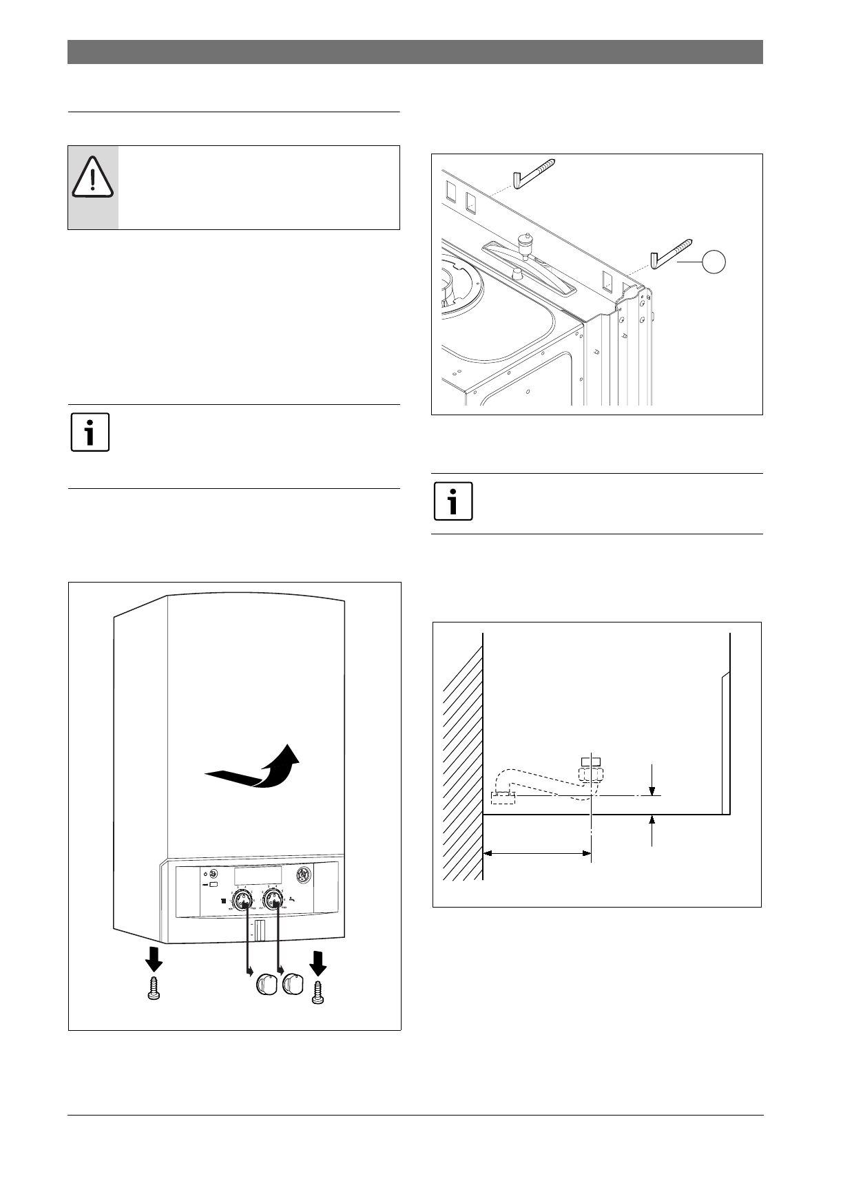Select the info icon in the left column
click(90, 432)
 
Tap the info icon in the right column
click(453, 501)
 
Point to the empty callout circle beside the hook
click(714, 262)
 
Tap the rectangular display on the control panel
click(257, 876)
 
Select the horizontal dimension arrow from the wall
click(537, 854)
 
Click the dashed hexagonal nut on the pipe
click(591, 775)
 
